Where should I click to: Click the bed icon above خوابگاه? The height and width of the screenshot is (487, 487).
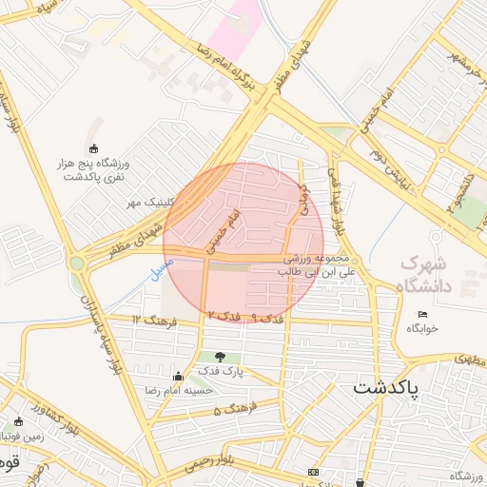click(x=423, y=315)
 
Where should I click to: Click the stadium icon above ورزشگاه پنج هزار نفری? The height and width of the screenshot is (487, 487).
click(x=93, y=147)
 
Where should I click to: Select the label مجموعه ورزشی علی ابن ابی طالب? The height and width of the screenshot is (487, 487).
click(x=320, y=265)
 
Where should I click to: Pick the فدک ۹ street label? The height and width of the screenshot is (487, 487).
click(x=242, y=314)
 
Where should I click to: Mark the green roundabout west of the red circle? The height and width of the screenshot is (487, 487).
click(x=77, y=263)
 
